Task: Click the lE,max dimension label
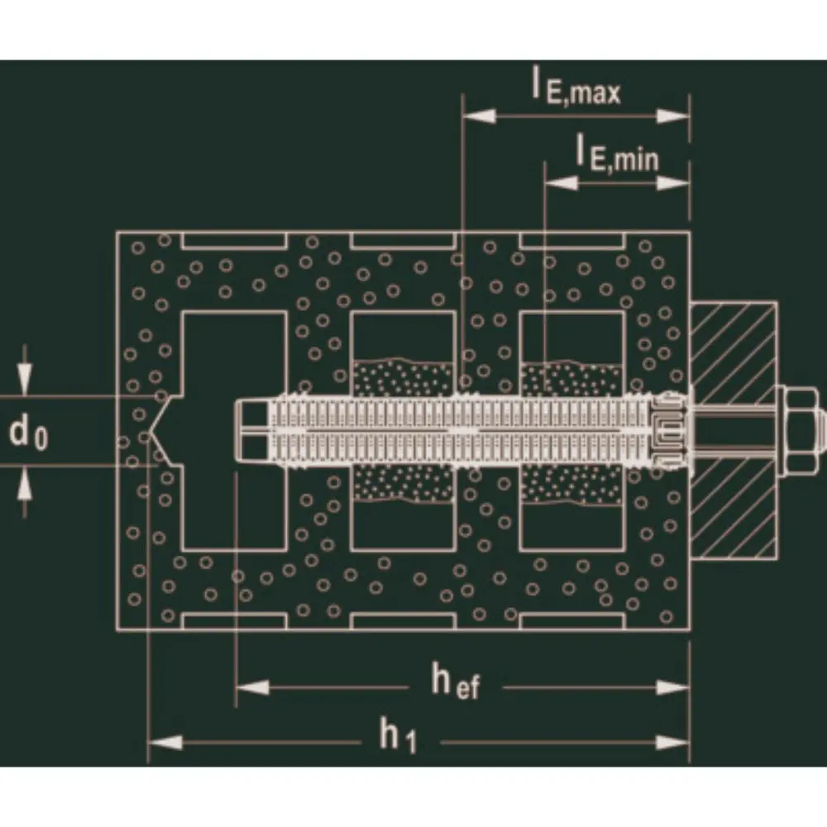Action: point(576,88)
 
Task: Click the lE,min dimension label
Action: point(617,153)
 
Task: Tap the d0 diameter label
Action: point(28,433)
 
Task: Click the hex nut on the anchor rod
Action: point(797,429)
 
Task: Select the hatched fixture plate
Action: point(733,430)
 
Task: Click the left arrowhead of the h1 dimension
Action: point(165,743)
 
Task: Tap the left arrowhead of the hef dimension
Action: point(252,687)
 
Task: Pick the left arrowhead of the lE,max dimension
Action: point(479,116)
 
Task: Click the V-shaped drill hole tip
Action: point(148,433)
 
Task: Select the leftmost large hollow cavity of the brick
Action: point(235,430)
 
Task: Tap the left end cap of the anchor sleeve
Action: point(252,429)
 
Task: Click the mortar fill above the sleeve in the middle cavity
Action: point(403,378)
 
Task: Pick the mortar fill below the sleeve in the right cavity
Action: point(571,484)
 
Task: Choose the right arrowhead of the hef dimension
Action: point(673,687)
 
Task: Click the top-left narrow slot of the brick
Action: point(235,241)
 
